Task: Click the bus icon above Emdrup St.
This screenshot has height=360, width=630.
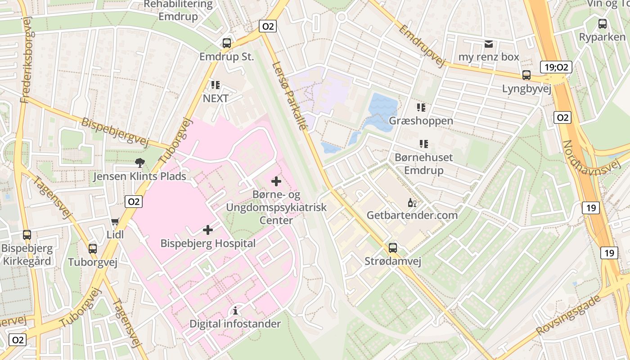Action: coord(227,43)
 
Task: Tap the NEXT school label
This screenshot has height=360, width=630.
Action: coord(216,98)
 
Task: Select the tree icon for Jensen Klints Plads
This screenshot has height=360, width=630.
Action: coord(140,163)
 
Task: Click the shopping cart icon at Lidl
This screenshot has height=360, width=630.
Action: coord(115,221)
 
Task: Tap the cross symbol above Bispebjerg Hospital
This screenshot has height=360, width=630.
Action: coord(207,230)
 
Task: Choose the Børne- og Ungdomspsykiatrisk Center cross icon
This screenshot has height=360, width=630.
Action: coord(276,181)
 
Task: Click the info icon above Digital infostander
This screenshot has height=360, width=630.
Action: coord(235,310)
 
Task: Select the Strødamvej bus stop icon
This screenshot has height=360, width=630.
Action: coord(393,248)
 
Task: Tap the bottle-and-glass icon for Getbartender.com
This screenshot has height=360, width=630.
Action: coord(412,202)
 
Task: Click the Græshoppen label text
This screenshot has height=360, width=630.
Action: coord(421,121)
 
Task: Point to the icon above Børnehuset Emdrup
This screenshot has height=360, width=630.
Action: coord(423,144)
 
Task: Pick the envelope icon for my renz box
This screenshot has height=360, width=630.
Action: coord(488,44)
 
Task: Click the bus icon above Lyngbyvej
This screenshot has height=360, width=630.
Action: coord(526,75)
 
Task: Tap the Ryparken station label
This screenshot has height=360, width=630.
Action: coord(602,37)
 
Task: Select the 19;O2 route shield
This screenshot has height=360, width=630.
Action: coord(556,67)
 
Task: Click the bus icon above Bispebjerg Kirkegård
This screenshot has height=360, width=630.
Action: coord(27,234)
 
